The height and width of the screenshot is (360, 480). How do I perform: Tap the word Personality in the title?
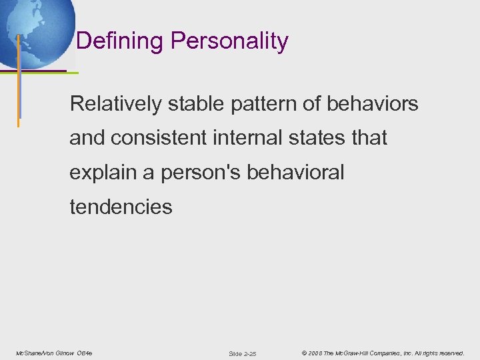pyautogui.click(x=229, y=41)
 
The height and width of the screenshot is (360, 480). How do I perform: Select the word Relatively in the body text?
pyautogui.click(x=115, y=104)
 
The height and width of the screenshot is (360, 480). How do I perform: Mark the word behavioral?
pyautogui.click(x=295, y=173)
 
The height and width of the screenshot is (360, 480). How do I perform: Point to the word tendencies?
pyautogui.click(x=121, y=207)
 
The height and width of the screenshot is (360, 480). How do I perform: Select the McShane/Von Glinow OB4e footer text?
pyautogui.click(x=54, y=353)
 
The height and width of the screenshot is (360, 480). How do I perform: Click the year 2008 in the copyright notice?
pyautogui.click(x=315, y=353)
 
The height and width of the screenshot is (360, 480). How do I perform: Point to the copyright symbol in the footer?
pyautogui.click(x=303, y=353)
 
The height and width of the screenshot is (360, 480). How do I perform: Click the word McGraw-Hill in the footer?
pyautogui.click(x=359, y=353)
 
